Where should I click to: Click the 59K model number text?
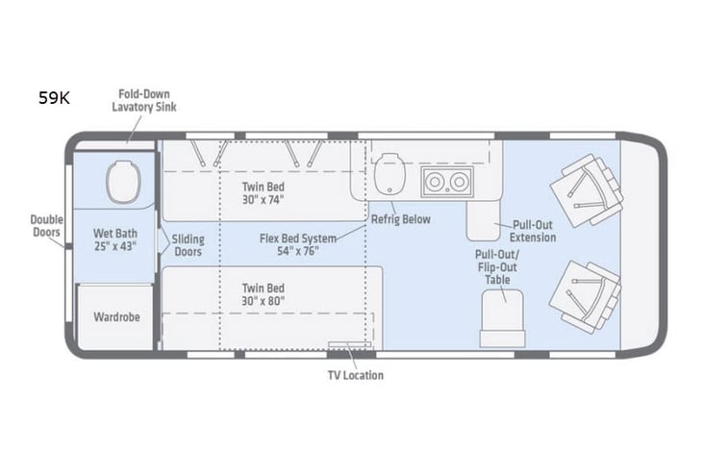click(x=54, y=98)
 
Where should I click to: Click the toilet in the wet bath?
click(x=123, y=182)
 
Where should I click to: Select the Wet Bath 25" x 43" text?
click(x=114, y=239)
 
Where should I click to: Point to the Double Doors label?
click(x=46, y=226)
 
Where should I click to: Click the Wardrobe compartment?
click(x=115, y=316)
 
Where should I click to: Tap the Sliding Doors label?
click(x=189, y=244)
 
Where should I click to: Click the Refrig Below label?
click(x=401, y=219)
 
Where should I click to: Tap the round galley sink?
click(x=389, y=174)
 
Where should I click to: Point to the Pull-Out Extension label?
click(x=533, y=231)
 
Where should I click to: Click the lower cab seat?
click(x=585, y=296)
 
